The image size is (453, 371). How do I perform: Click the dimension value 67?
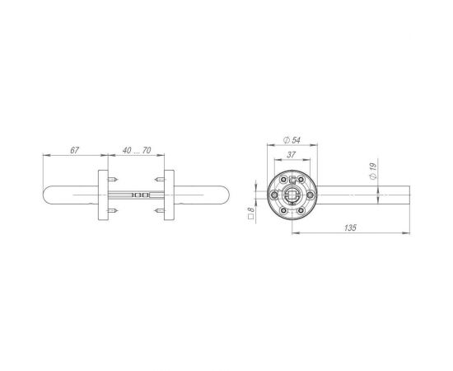coord(73,150)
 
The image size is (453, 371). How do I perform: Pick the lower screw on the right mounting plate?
coord(159,213)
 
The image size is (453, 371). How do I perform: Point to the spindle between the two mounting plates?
coord(136,195)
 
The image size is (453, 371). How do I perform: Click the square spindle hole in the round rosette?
coord(292,195)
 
